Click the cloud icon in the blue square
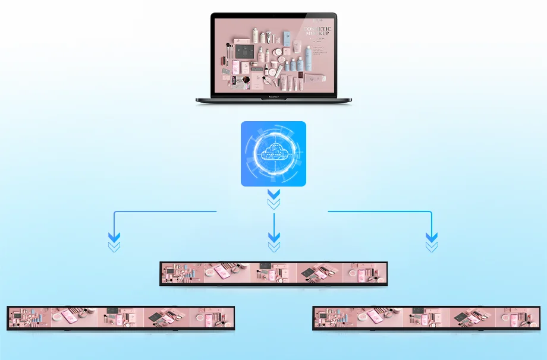click(x=273, y=153)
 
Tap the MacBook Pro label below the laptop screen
click(x=273, y=94)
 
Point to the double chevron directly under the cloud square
click(x=273, y=199)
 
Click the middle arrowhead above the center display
click(x=273, y=241)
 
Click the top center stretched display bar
click(x=273, y=274)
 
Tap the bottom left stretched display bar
click(x=121, y=318)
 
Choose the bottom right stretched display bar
click(x=426, y=318)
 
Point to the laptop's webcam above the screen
click(x=273, y=15)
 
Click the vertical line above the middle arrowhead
click(x=273, y=223)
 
